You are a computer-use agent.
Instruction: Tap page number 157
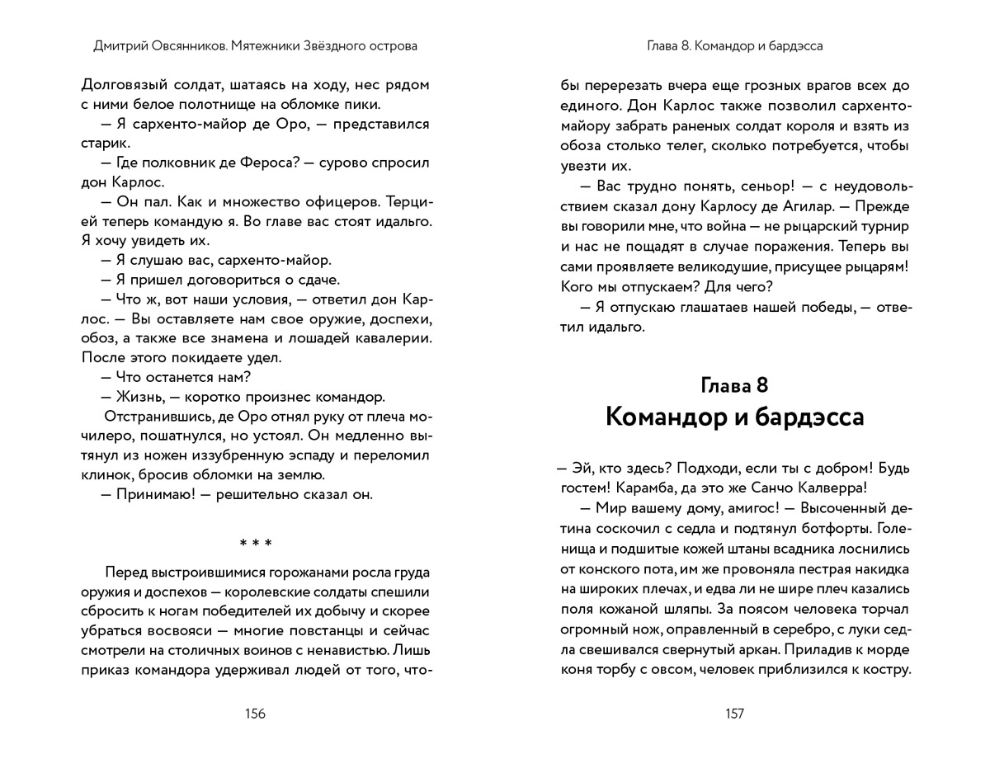coord(734,714)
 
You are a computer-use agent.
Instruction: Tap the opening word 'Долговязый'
coord(120,85)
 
